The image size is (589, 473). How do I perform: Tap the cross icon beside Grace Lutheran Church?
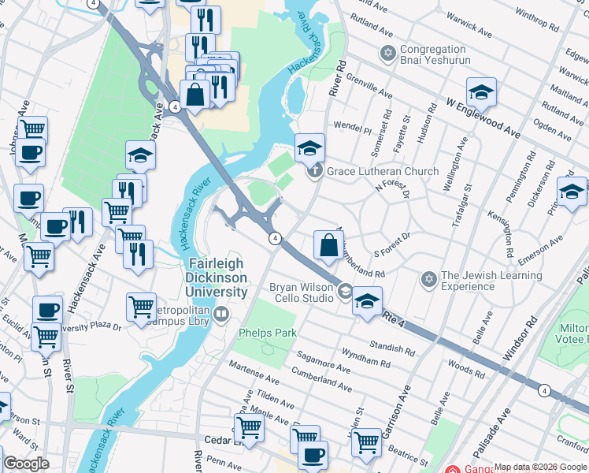(x=315, y=170)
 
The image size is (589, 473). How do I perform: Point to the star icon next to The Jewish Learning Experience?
(x=429, y=279)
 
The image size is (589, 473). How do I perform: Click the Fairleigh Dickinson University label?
(x=217, y=277)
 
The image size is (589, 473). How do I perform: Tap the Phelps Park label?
(x=268, y=333)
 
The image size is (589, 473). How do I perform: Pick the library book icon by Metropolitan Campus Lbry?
(x=221, y=315)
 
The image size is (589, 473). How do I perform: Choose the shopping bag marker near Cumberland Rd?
(x=328, y=246)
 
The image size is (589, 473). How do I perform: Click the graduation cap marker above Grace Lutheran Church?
(x=309, y=147)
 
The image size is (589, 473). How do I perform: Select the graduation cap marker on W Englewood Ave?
(x=480, y=93)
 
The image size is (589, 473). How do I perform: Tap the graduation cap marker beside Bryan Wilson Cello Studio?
(x=366, y=301)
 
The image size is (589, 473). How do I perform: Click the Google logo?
(x=26, y=463)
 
